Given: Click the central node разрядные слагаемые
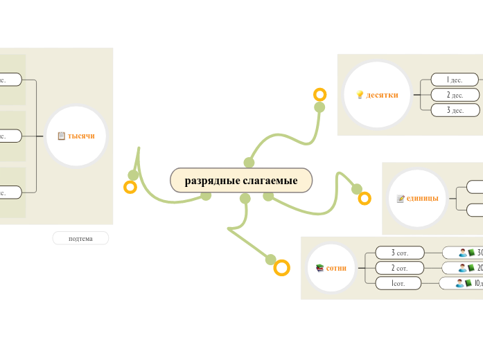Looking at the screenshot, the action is (x=241, y=181).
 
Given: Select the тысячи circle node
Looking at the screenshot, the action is (x=76, y=136).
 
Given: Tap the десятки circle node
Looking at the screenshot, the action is (x=377, y=95).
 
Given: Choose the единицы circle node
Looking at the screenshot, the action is (x=417, y=198).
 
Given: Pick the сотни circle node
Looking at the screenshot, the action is (x=331, y=268).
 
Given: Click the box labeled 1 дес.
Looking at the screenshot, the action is (x=455, y=80).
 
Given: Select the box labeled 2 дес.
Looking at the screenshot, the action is (x=455, y=95).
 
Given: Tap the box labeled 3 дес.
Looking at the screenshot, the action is (x=455, y=110).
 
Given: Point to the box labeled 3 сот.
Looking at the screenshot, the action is (x=399, y=253).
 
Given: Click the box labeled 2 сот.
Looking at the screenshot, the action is (x=399, y=268).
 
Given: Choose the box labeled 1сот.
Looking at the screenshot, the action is (x=398, y=283).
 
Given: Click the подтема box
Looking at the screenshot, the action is (x=80, y=238).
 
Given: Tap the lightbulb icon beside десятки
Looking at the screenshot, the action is (x=360, y=95).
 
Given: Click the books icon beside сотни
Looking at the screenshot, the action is (x=319, y=268).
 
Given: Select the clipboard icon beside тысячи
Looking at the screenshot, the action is (x=62, y=136).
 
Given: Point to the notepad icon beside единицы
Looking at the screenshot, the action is (x=401, y=199).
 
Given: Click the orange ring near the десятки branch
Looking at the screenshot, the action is (x=319, y=94).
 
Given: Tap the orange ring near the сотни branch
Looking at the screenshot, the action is (x=281, y=268).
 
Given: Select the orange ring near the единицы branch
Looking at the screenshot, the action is (x=365, y=199).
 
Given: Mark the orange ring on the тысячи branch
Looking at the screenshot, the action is (x=130, y=187).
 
